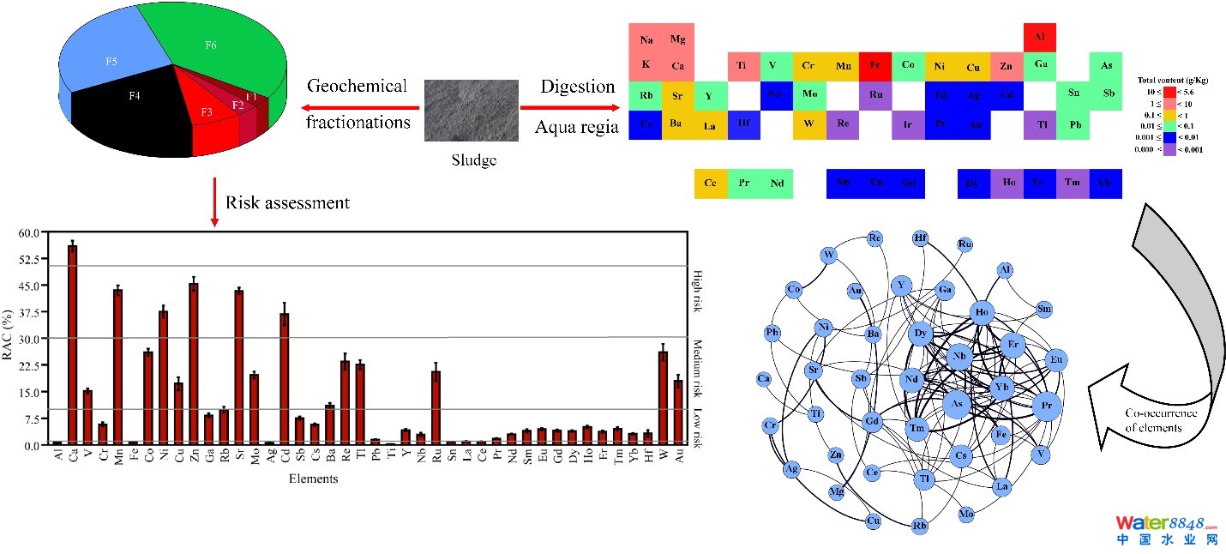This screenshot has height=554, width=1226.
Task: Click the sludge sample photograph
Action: [x=471, y=111]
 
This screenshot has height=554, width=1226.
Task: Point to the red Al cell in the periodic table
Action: [x=1040, y=37]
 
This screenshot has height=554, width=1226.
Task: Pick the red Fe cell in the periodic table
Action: [x=875, y=65]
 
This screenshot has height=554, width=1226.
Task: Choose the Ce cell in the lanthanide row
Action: [x=711, y=184]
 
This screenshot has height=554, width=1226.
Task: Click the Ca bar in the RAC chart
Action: [x=72, y=344]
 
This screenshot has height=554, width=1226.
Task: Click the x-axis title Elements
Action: [x=313, y=479]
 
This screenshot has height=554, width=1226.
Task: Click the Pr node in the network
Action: [x=1046, y=406]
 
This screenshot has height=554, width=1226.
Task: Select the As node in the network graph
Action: [x=958, y=402]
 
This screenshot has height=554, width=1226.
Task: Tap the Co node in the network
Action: [x=794, y=290]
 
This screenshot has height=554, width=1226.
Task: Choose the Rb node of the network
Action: [x=919, y=525]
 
